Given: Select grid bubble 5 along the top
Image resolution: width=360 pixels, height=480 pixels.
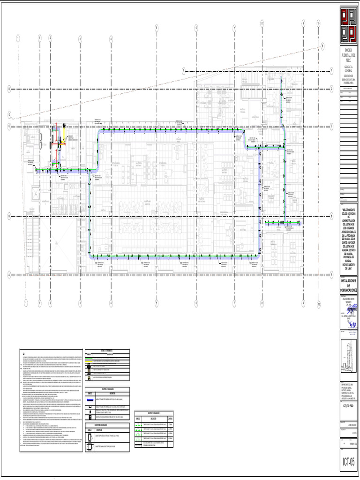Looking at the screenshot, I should click(x=156, y=28).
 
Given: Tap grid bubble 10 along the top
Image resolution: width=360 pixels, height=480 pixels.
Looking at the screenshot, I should click(x=318, y=22).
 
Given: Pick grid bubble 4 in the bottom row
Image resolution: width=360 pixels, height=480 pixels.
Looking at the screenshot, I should click(x=111, y=304).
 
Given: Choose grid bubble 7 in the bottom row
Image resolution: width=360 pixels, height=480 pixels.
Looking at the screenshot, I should click(x=234, y=304).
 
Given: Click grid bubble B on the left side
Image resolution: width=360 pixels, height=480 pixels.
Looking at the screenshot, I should click(x=9, y=216).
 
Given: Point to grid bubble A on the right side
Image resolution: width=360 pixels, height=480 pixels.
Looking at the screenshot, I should click(x=331, y=274).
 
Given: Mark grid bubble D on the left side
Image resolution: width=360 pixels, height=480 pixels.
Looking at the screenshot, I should click(x=9, y=88).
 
